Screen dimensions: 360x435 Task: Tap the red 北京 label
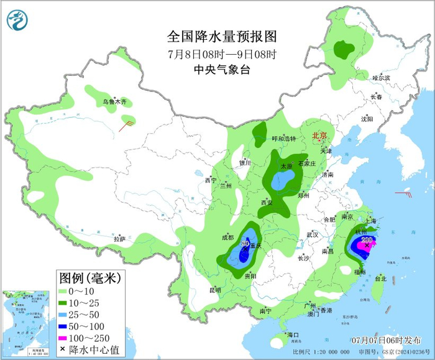coord(319,136)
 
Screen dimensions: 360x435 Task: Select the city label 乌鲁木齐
coord(114,101)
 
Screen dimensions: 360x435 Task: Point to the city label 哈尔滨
coord(380,78)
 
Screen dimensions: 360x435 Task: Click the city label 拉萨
coord(120,239)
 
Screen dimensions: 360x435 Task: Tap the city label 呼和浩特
coord(285,139)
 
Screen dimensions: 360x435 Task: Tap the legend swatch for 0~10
coord(62,290)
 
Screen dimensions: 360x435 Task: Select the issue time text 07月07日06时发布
coord(385,341)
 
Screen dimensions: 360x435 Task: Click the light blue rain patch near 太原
coord(283,181)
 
